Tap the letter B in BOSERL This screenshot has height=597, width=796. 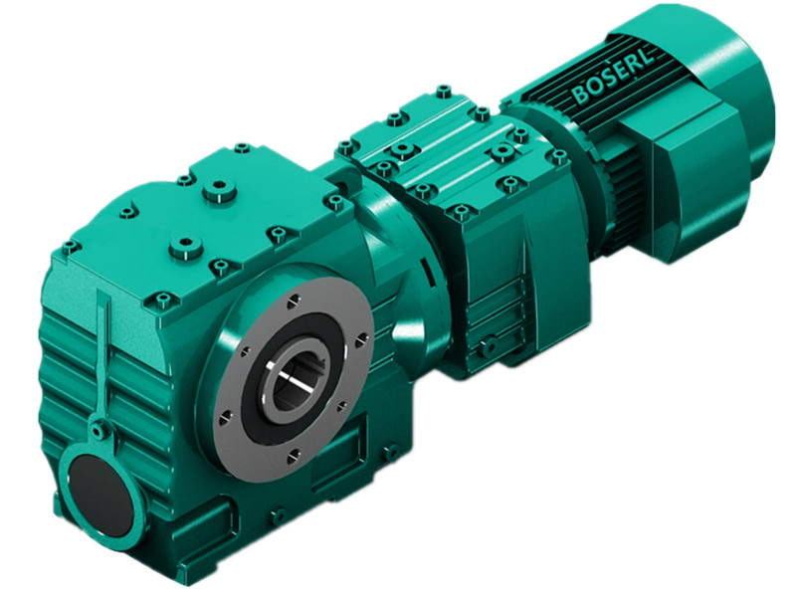tap(579, 97)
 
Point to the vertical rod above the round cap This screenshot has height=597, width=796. tap(103, 358)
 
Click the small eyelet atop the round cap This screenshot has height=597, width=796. tap(98, 432)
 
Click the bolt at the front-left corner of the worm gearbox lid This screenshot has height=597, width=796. tap(69, 245)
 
